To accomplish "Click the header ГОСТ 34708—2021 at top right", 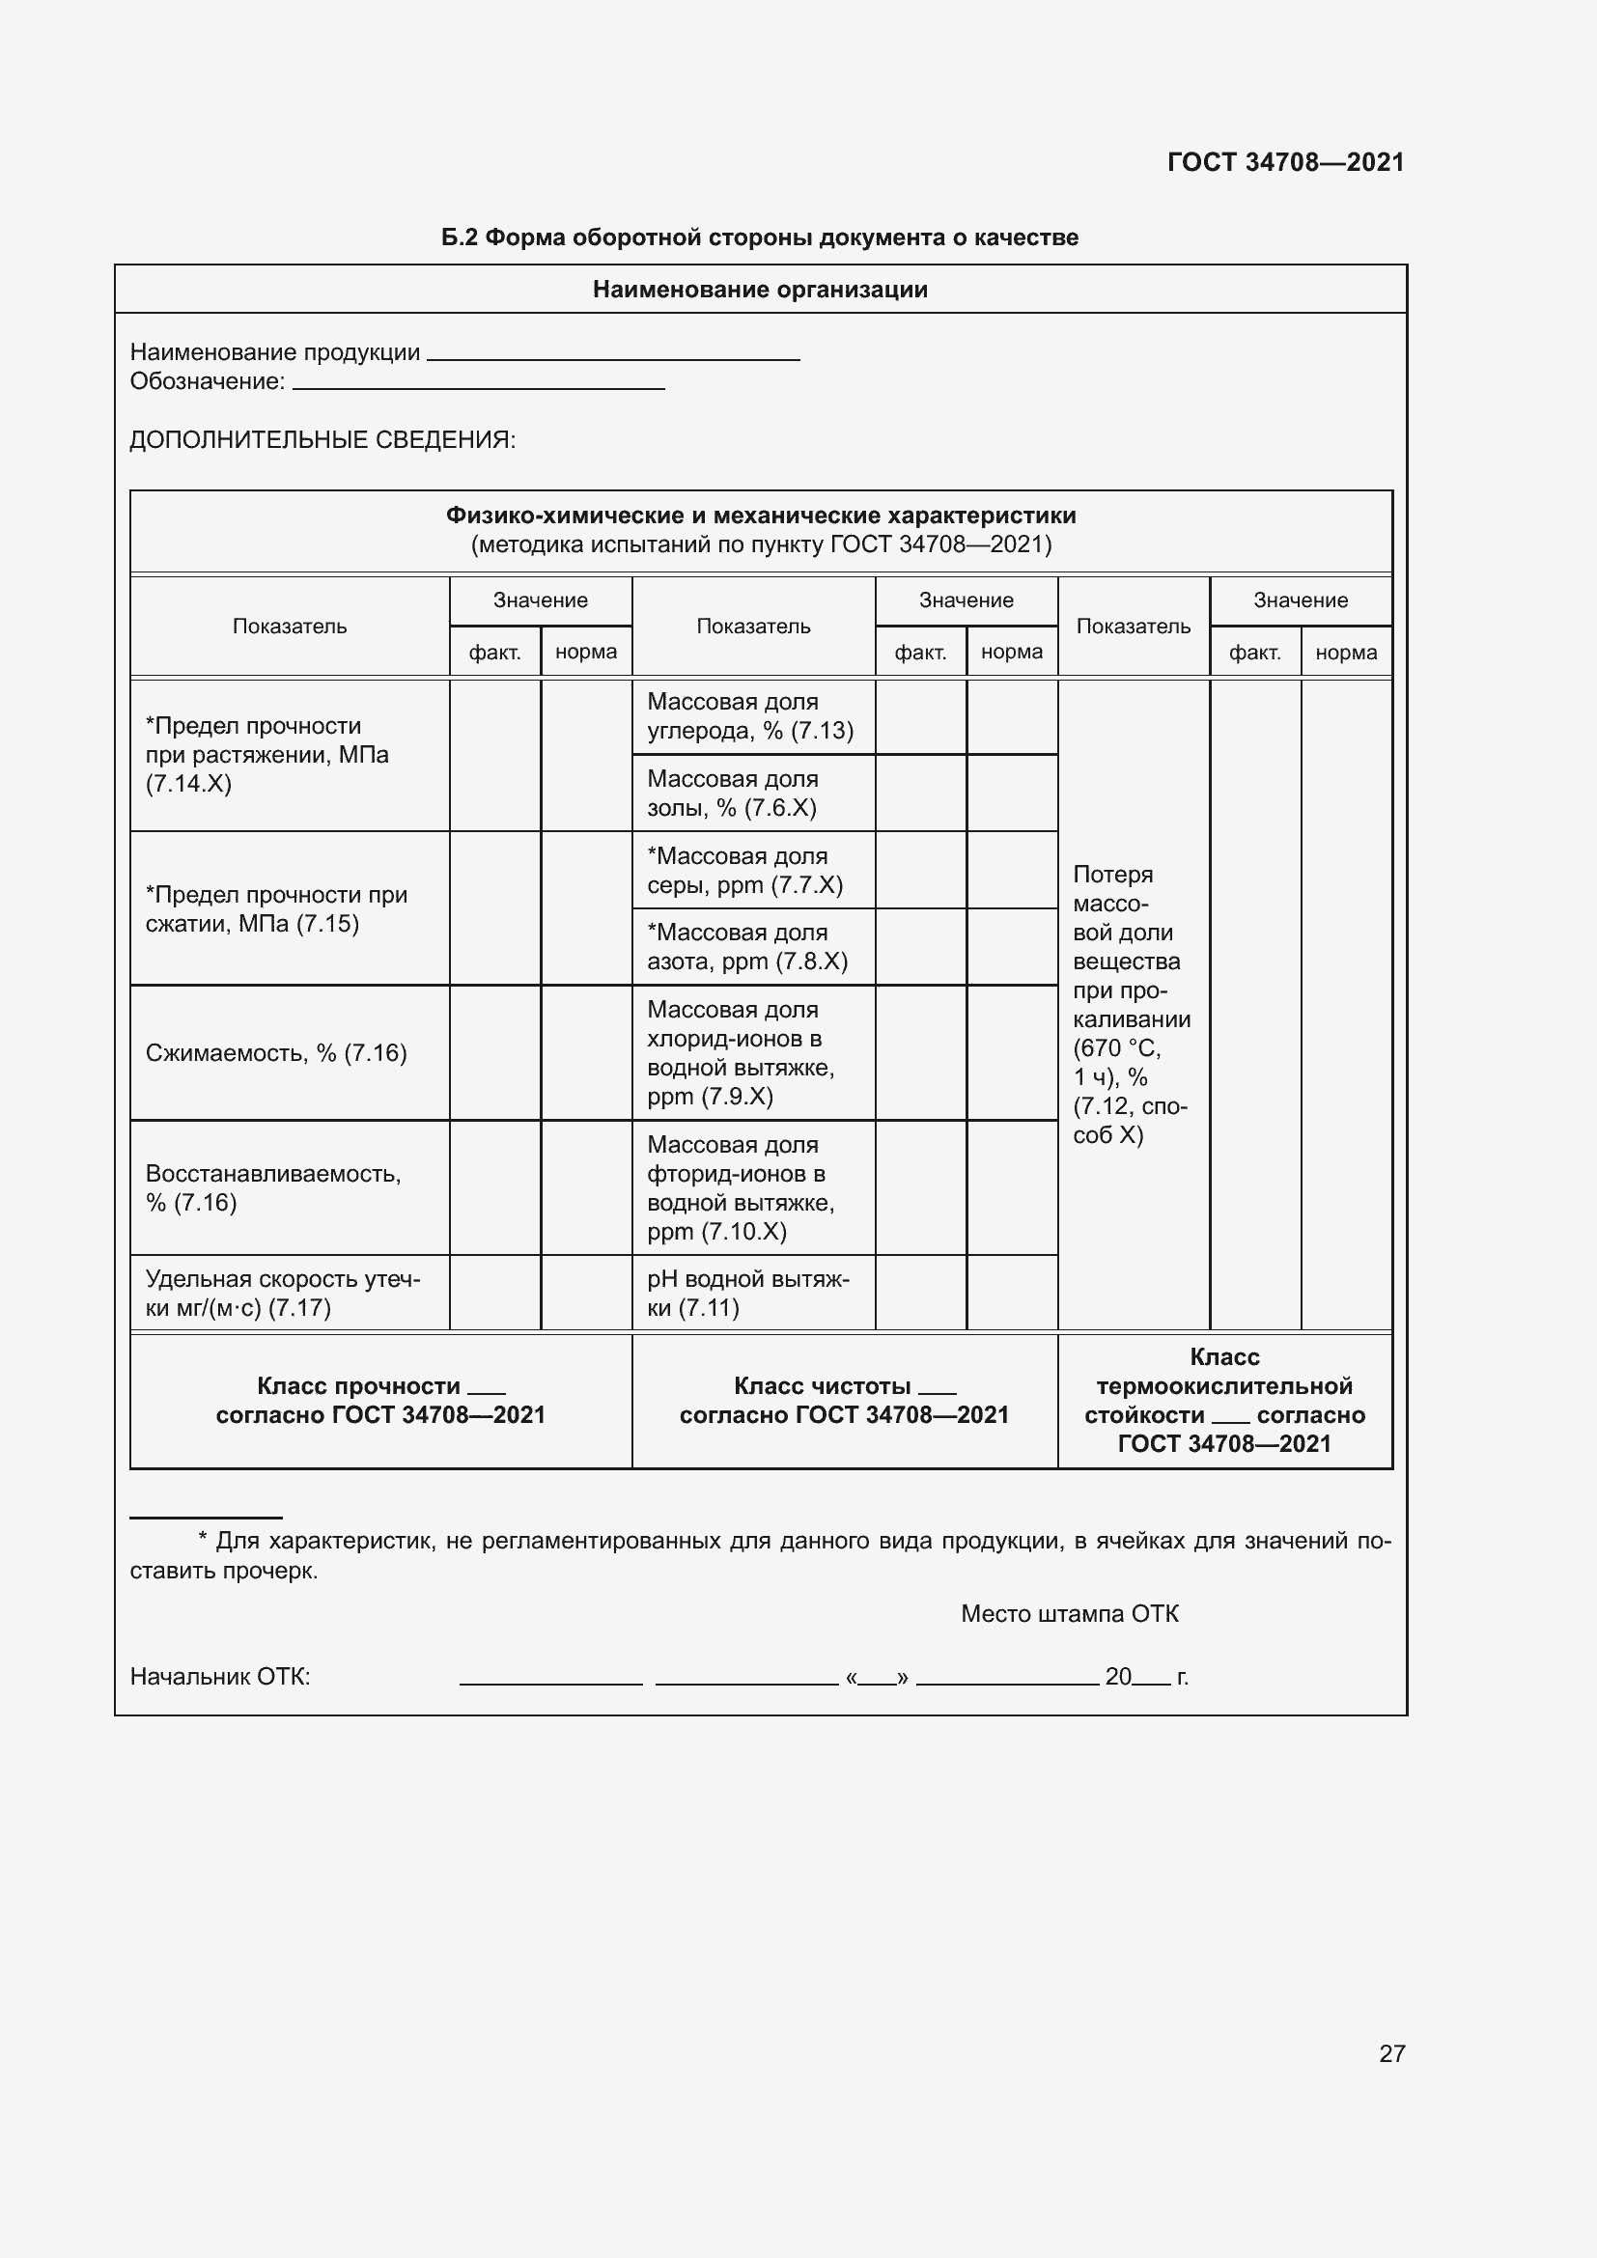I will [1285, 162].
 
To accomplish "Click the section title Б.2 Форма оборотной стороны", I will [759, 237].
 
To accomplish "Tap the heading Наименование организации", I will [760, 290].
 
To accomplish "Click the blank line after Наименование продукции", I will [614, 356].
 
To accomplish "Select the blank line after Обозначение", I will [479, 385].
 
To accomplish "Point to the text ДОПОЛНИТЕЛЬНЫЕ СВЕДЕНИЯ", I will [322, 439].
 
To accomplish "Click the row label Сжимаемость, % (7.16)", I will [276, 1053].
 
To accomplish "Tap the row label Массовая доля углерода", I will [749, 716].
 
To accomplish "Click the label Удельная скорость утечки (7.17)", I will [282, 1294].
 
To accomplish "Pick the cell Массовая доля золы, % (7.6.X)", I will [733, 794].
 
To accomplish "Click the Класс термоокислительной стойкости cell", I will [1224, 1401].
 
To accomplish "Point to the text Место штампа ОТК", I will [1069, 1614].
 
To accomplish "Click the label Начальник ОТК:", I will [220, 1677].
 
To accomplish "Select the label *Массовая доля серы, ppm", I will [744, 871].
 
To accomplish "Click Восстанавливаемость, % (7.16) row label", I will [273, 1188].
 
